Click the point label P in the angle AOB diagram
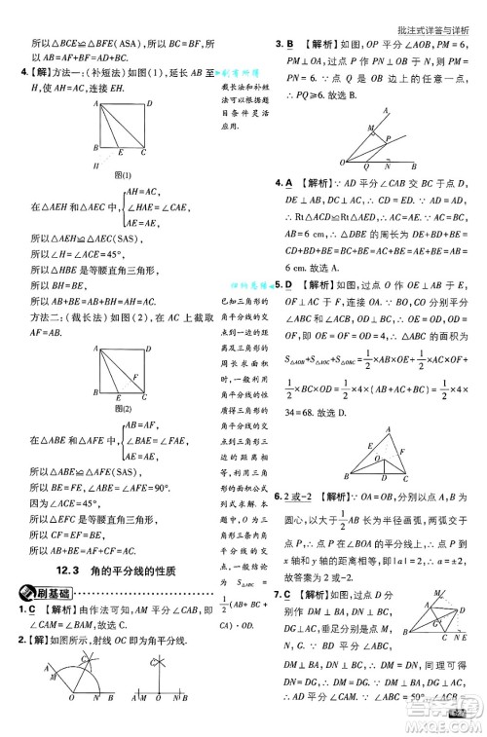pos(387,139)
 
